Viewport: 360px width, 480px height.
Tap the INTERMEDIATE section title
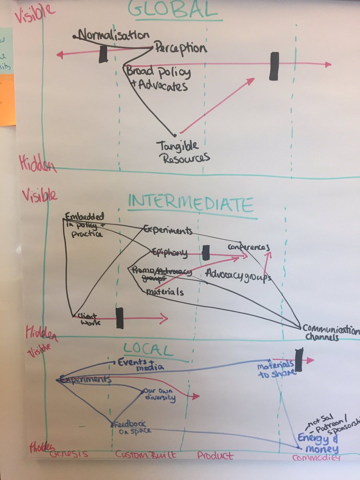point(191,205)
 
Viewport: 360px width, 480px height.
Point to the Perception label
point(180,48)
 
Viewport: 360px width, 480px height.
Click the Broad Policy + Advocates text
point(158,79)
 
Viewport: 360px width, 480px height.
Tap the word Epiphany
point(170,252)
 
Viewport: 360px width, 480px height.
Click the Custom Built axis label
point(145,455)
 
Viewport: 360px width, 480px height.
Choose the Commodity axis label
point(316,457)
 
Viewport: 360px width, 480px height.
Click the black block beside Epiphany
point(206,253)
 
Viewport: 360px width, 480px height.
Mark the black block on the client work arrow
point(119,318)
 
